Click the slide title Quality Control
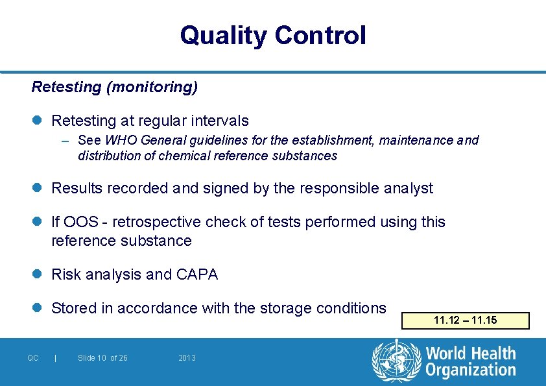point(273,35)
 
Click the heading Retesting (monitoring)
point(115,86)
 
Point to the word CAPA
point(197,274)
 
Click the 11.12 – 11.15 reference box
point(466,320)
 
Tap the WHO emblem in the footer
point(396,360)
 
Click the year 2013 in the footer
point(187,358)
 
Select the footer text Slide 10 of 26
point(102,358)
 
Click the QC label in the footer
point(33,358)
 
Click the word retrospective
point(156,222)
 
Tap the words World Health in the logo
point(471,354)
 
